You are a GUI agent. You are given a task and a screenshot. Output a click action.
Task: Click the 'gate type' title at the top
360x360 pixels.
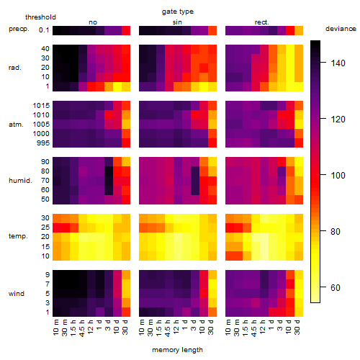[178, 12]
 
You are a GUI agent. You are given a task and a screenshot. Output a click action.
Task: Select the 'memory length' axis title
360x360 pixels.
[177, 350]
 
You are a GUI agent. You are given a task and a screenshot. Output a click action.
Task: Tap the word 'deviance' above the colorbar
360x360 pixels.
[341, 29]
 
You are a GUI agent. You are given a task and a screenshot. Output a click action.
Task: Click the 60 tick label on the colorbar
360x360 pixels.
[336, 287]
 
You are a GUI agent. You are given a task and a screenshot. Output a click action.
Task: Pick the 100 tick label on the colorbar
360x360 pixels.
[338, 175]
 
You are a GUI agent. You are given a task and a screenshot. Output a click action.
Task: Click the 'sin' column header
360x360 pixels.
[177, 22]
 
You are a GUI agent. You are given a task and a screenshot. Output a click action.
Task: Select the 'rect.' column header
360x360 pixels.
[262, 22]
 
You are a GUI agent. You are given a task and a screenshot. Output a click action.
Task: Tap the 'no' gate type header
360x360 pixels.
[93, 22]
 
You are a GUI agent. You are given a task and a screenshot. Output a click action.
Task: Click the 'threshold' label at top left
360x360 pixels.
[40, 17]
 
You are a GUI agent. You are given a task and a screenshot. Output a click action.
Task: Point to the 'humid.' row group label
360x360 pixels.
[20, 181]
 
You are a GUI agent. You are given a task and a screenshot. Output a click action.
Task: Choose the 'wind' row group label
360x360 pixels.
[17, 294]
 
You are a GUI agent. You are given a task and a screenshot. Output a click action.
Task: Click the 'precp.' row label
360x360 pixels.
[19, 29]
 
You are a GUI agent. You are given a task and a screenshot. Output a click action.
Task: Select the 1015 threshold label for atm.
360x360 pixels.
[41, 106]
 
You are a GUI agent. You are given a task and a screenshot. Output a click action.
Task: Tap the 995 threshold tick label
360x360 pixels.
[43, 143]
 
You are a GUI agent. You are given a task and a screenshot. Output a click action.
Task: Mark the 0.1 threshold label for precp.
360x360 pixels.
[44, 30]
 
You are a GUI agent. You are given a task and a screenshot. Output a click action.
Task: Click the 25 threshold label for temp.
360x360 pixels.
[45, 228]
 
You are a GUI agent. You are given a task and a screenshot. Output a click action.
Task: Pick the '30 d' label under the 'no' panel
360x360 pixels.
[125, 327]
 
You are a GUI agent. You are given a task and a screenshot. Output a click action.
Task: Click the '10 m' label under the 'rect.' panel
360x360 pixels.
[228, 327]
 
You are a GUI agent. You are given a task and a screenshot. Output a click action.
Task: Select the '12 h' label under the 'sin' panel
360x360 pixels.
[176, 327]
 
